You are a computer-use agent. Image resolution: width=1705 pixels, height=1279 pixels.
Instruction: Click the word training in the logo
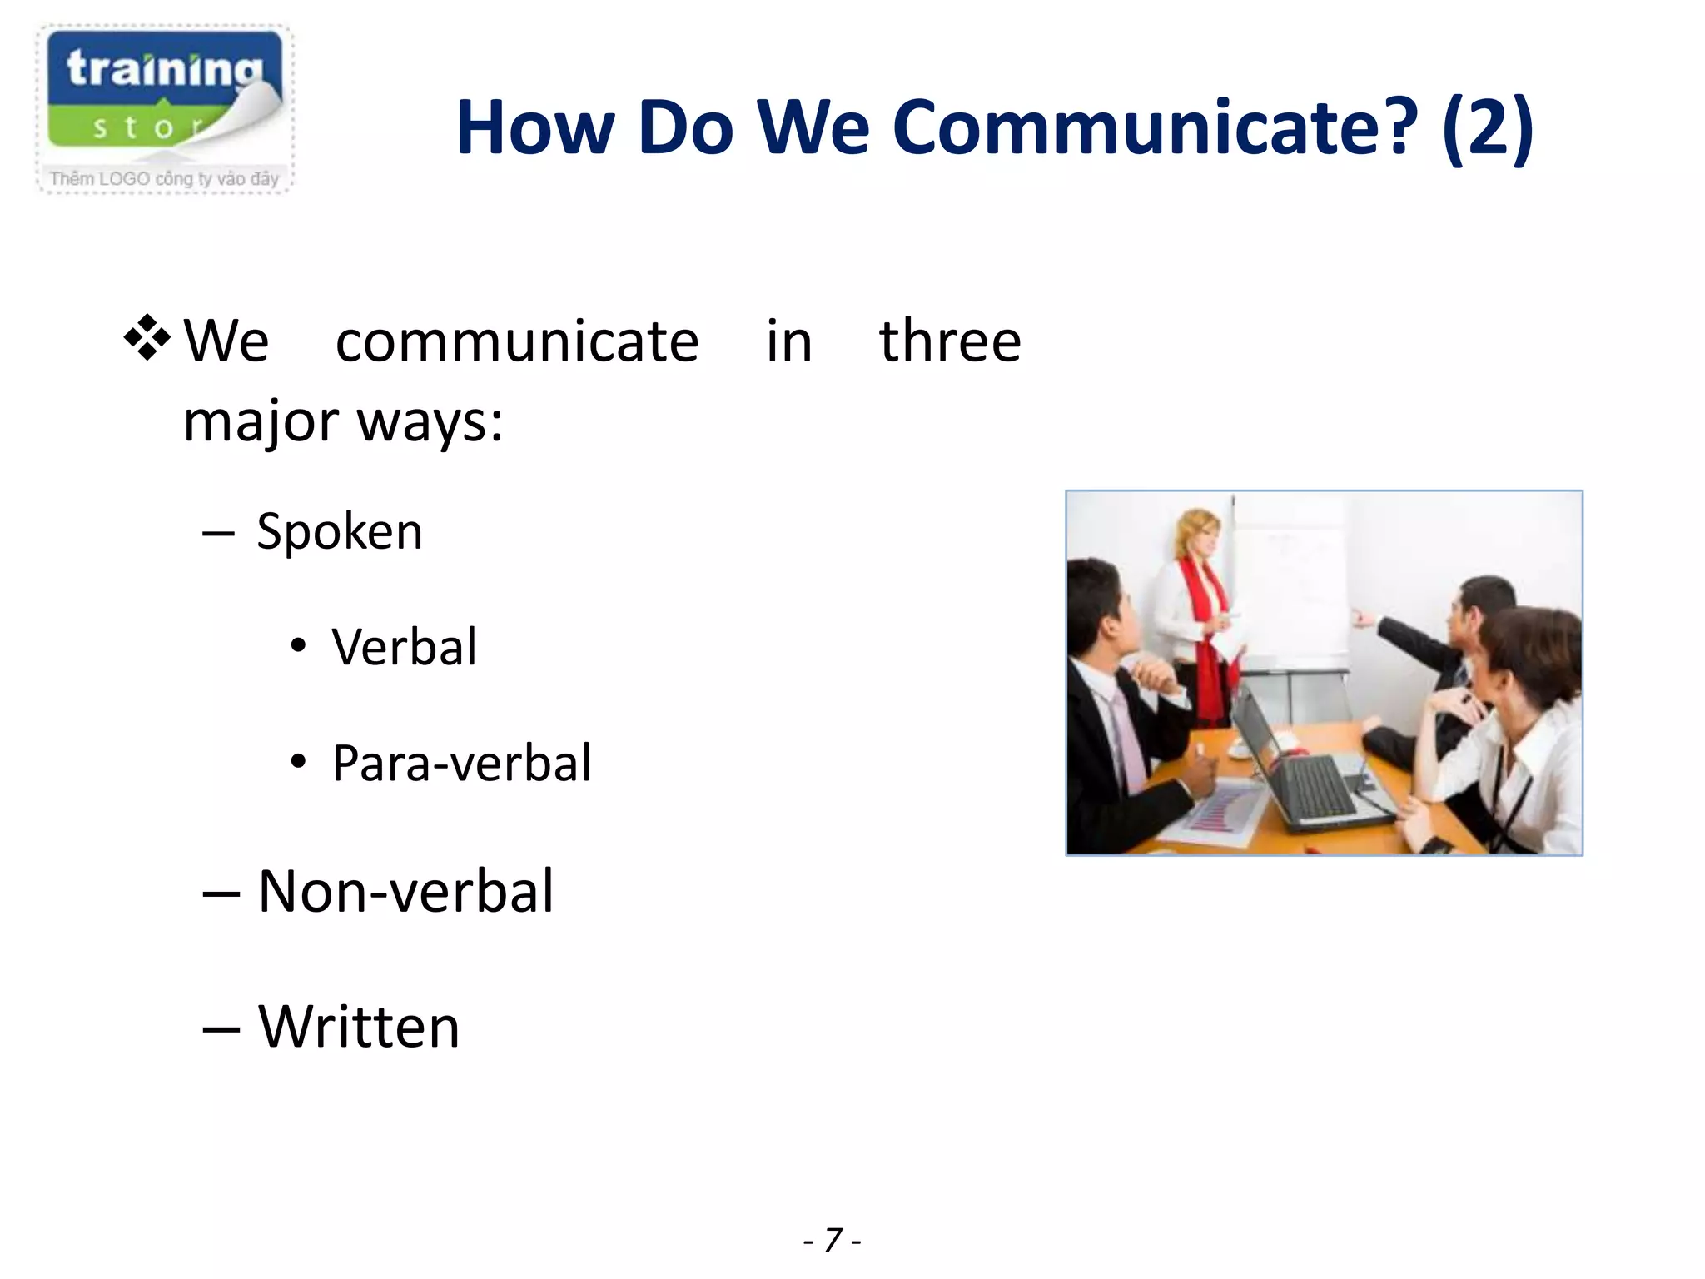[164, 68]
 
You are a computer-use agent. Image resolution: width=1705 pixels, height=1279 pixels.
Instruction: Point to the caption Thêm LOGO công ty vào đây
[164, 178]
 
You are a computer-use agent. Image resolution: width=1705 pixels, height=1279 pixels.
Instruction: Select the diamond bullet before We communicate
[147, 338]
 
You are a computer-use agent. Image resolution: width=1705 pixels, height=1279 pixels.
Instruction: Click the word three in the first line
[949, 341]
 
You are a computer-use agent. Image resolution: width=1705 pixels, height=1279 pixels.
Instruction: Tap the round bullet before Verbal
[298, 646]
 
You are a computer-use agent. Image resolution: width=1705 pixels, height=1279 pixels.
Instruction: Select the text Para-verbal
[461, 763]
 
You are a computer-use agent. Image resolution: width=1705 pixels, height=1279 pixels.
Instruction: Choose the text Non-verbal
[405, 891]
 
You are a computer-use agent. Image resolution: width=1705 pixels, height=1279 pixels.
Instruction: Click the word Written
[359, 1026]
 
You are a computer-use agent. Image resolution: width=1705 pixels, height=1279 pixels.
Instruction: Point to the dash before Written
[221, 1029]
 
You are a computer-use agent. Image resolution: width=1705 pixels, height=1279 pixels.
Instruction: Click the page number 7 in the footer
[833, 1240]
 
